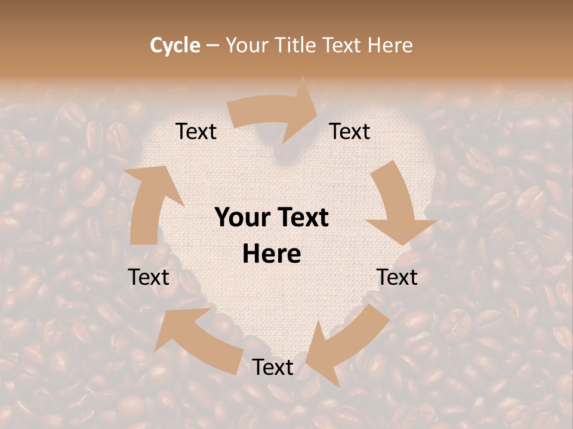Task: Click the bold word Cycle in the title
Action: tap(175, 45)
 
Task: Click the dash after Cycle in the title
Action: tap(212, 45)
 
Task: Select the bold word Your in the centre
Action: tap(242, 218)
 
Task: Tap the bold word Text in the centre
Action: tap(302, 218)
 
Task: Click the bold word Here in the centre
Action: tap(272, 254)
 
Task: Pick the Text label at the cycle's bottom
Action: tap(273, 368)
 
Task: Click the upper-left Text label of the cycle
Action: tap(196, 132)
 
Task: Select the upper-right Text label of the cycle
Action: tap(350, 132)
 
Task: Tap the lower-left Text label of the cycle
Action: tap(149, 277)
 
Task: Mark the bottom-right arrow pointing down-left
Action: tap(346, 343)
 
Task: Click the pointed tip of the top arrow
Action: tap(316, 107)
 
